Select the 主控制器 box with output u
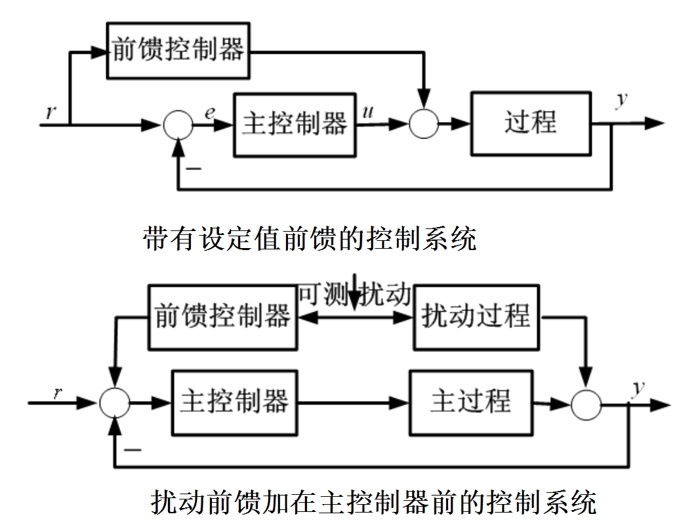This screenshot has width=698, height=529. pyautogui.click(x=295, y=124)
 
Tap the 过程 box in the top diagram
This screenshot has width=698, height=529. pyautogui.click(x=531, y=124)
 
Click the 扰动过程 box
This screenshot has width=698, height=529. pyautogui.click(x=477, y=317)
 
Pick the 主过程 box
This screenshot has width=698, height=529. pyautogui.click(x=470, y=402)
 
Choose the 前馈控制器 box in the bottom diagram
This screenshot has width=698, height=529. pyautogui.click(x=223, y=317)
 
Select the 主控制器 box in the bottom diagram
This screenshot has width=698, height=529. pyautogui.click(x=234, y=402)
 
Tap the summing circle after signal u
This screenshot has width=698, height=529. pyautogui.click(x=424, y=124)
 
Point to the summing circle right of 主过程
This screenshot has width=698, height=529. pyautogui.click(x=586, y=403)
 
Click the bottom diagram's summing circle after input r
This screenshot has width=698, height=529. pyautogui.click(x=115, y=402)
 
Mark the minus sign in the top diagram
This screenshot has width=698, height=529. pyautogui.click(x=194, y=169)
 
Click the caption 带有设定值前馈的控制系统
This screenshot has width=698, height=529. pyautogui.click(x=310, y=239)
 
